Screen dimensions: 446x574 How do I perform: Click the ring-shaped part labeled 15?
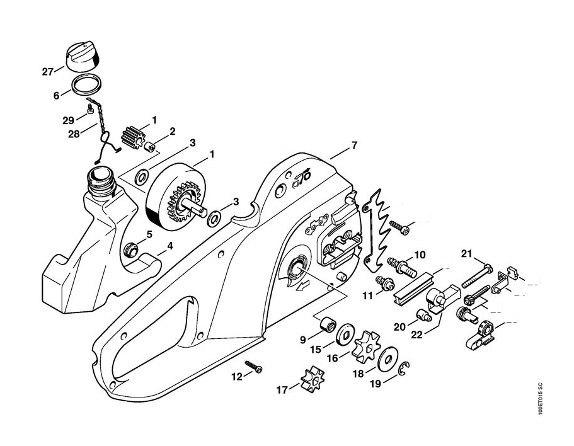[x=345, y=334]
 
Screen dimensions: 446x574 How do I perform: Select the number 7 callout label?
[x=354, y=146]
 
